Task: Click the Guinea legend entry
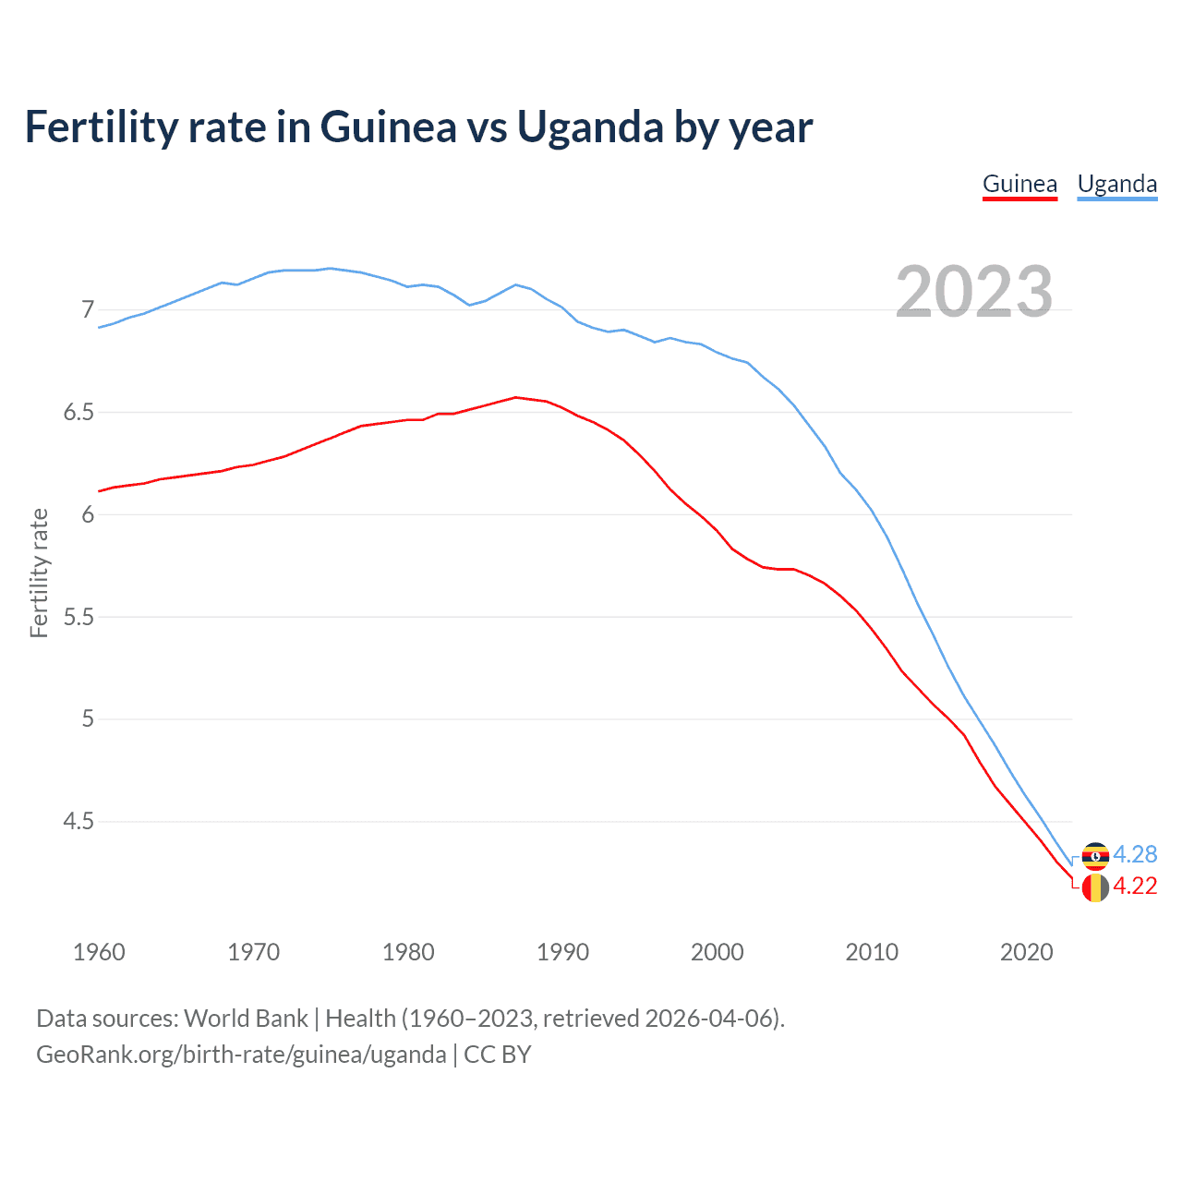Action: (x=1019, y=184)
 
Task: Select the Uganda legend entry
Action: (x=1117, y=184)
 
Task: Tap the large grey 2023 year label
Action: (x=974, y=292)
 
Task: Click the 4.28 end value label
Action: (x=1135, y=854)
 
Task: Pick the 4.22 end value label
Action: (x=1135, y=886)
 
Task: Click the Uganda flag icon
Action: (x=1095, y=856)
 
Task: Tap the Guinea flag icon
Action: (x=1095, y=888)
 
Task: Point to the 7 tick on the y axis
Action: (x=88, y=309)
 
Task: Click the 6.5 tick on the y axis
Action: (x=78, y=412)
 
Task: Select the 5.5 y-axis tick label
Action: (x=78, y=617)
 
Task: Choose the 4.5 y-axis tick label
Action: (x=78, y=821)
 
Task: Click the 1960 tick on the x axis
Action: (x=99, y=952)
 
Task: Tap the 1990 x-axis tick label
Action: (x=562, y=952)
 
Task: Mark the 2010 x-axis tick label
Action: (x=872, y=952)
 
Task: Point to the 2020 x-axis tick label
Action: (x=1026, y=952)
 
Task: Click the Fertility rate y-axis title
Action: (x=39, y=573)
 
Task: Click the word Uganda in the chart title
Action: (x=589, y=127)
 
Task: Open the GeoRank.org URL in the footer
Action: (x=241, y=1055)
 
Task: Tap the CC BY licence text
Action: (x=498, y=1055)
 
